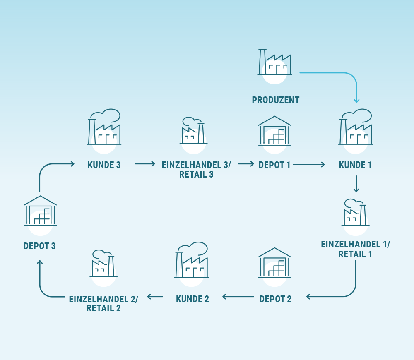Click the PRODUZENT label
coord(275,100)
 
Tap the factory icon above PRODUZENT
coord(274,63)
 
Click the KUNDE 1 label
coord(355,165)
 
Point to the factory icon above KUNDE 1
coord(356,127)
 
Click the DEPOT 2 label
coord(275,299)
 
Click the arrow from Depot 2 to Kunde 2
coord(238,296)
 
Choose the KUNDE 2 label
coord(193,299)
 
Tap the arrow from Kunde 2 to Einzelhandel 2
coord(155,296)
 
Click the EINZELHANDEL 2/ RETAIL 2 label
coord(103,303)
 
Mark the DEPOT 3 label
coord(40,246)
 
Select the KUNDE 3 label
coord(104,165)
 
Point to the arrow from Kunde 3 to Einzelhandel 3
coord(145,164)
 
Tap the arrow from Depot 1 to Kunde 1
coord(309,165)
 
